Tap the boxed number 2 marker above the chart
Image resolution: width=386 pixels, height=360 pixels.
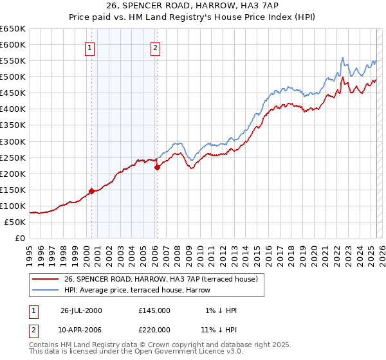pyautogui.click(x=156, y=47)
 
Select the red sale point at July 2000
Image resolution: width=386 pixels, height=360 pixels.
pyautogui.click(x=92, y=191)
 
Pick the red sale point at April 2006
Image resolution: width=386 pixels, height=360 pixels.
pyautogui.click(x=157, y=167)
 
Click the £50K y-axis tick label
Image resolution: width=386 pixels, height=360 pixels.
pyautogui.click(x=15, y=222)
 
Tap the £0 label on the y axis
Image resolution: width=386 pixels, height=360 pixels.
pyautogui.click(x=20, y=238)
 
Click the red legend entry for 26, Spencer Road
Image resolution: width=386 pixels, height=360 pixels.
pyautogui.click(x=160, y=279)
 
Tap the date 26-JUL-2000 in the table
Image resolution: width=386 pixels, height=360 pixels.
pyautogui.click(x=81, y=310)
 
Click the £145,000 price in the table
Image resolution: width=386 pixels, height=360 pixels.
pyautogui.click(x=154, y=310)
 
